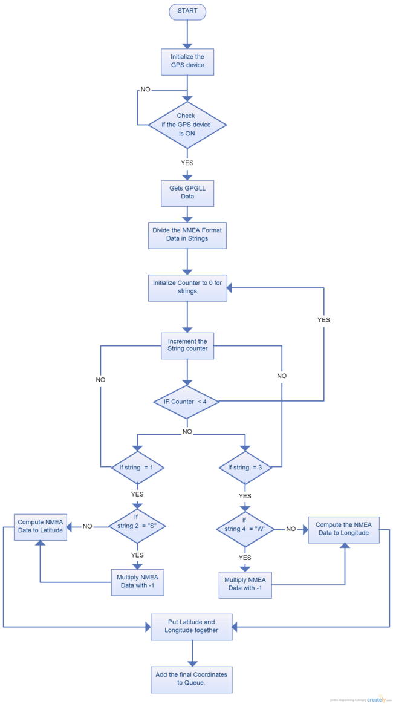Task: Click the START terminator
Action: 187,11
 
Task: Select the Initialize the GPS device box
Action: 187,62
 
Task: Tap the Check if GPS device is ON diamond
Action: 187,124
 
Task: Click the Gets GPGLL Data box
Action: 187,194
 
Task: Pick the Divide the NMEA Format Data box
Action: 187,235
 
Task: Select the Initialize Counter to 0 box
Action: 187,288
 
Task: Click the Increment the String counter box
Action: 187,346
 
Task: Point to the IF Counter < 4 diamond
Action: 187,402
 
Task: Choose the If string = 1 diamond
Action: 137,468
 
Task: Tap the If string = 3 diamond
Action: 244,468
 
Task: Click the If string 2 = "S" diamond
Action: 137,526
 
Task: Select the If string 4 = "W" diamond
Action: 244,529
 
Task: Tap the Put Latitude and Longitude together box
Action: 192,626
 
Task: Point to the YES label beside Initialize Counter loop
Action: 323,320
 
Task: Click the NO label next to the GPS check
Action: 146,90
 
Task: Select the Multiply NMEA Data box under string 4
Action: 244,585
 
